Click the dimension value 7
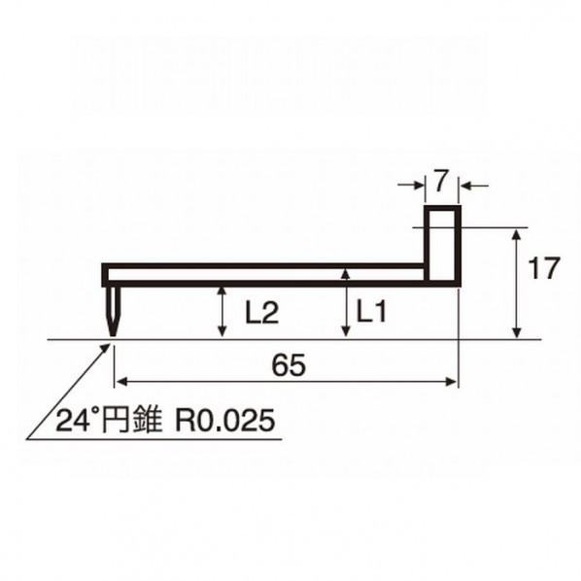441,181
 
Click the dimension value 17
544,267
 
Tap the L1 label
372,312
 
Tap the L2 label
261,313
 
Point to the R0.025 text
224,422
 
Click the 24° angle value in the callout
77,422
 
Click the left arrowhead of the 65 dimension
120,382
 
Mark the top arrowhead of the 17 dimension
515,234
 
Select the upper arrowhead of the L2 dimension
222,291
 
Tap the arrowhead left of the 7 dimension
418,184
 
